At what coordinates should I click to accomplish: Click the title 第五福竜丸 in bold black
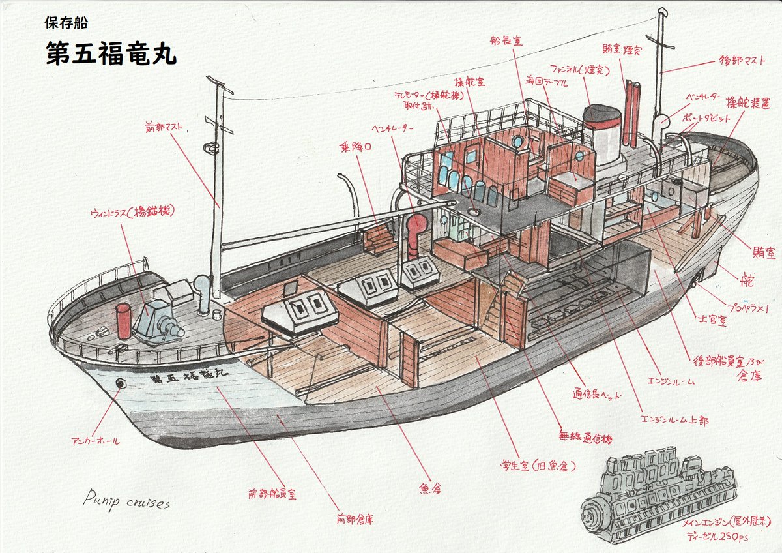[x=111, y=53]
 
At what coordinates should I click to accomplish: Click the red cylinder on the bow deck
[x=123, y=321]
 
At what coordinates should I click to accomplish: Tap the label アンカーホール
[x=95, y=441]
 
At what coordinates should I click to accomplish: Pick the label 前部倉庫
[x=355, y=520]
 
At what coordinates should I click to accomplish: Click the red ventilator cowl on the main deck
[x=415, y=230]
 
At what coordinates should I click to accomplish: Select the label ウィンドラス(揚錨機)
[x=133, y=211]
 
